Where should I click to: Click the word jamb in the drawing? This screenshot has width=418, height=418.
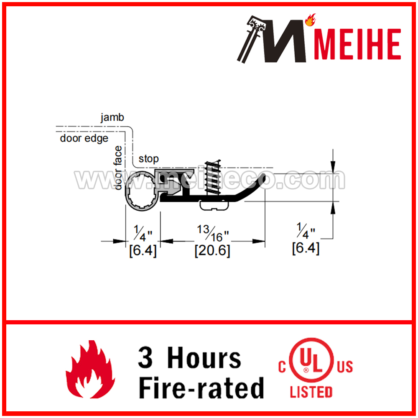(x=112, y=117)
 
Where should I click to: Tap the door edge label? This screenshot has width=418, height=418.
(x=84, y=138)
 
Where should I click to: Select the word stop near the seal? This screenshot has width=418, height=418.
(x=148, y=159)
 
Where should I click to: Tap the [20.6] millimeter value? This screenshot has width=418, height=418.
(x=212, y=250)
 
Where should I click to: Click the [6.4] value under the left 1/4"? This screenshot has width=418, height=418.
(x=143, y=250)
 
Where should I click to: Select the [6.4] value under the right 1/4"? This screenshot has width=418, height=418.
(x=306, y=248)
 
